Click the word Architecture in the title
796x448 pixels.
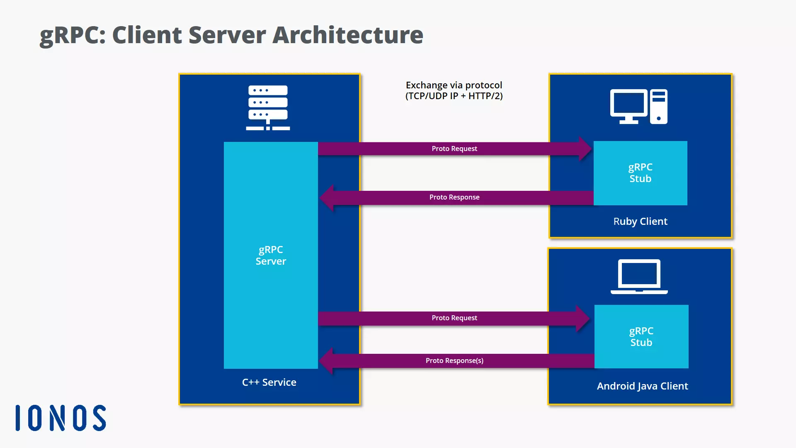click(347, 35)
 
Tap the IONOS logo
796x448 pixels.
click(61, 418)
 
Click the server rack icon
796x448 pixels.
click(268, 107)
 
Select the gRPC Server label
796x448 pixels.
click(271, 255)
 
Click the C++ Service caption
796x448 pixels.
click(269, 382)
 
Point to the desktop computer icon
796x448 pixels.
click(638, 107)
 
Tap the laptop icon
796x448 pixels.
click(639, 277)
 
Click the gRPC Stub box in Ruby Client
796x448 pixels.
click(640, 173)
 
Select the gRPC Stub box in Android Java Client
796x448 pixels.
click(641, 336)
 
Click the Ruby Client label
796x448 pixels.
click(640, 221)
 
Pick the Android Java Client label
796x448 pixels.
click(642, 386)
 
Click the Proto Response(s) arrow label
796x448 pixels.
click(454, 360)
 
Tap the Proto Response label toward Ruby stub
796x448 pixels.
click(454, 197)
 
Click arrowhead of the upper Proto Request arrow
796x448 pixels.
click(585, 149)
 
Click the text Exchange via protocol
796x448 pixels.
click(454, 85)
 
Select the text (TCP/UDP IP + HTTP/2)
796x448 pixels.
click(454, 96)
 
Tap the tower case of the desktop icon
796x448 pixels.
click(658, 107)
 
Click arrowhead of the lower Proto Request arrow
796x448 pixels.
click(582, 318)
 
